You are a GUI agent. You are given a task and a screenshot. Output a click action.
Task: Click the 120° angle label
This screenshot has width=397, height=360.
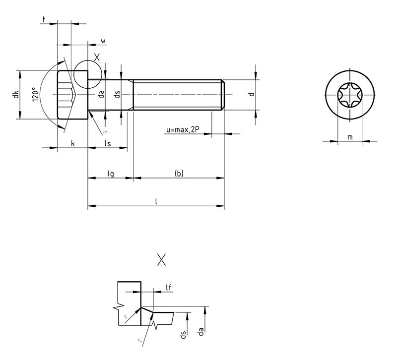35,95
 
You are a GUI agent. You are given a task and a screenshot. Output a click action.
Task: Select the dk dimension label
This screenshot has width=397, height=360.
15,94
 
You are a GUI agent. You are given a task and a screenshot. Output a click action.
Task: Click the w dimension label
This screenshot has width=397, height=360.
103,41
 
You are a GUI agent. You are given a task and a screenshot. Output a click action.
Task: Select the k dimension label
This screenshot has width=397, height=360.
73,143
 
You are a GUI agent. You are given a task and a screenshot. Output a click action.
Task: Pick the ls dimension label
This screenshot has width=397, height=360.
108,143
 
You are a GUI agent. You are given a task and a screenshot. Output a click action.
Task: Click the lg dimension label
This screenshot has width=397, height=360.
111,174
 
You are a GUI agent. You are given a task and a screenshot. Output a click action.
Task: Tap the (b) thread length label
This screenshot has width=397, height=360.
179,174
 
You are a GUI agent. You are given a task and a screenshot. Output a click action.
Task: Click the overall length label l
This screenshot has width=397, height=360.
156,201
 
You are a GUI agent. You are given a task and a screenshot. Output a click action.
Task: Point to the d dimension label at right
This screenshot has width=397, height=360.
252,94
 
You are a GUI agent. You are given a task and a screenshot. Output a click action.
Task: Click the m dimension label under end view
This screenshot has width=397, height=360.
350,137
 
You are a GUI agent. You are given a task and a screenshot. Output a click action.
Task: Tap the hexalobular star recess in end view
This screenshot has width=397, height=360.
350,95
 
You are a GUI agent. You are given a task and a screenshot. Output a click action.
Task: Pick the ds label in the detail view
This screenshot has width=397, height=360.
183,334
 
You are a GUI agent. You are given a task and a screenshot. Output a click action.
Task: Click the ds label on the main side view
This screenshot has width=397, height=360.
118,94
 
